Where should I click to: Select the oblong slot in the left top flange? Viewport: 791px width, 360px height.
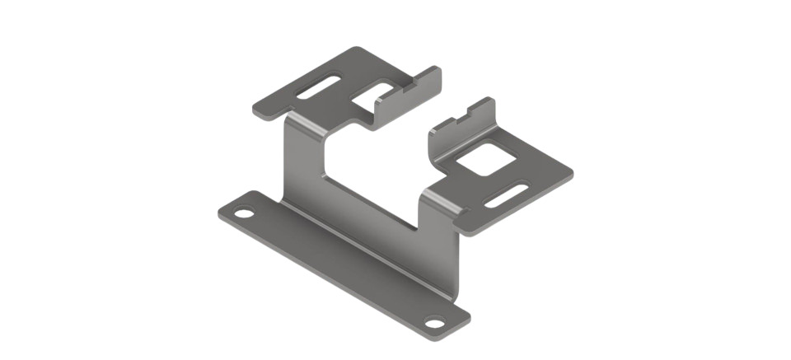click(317, 87)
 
